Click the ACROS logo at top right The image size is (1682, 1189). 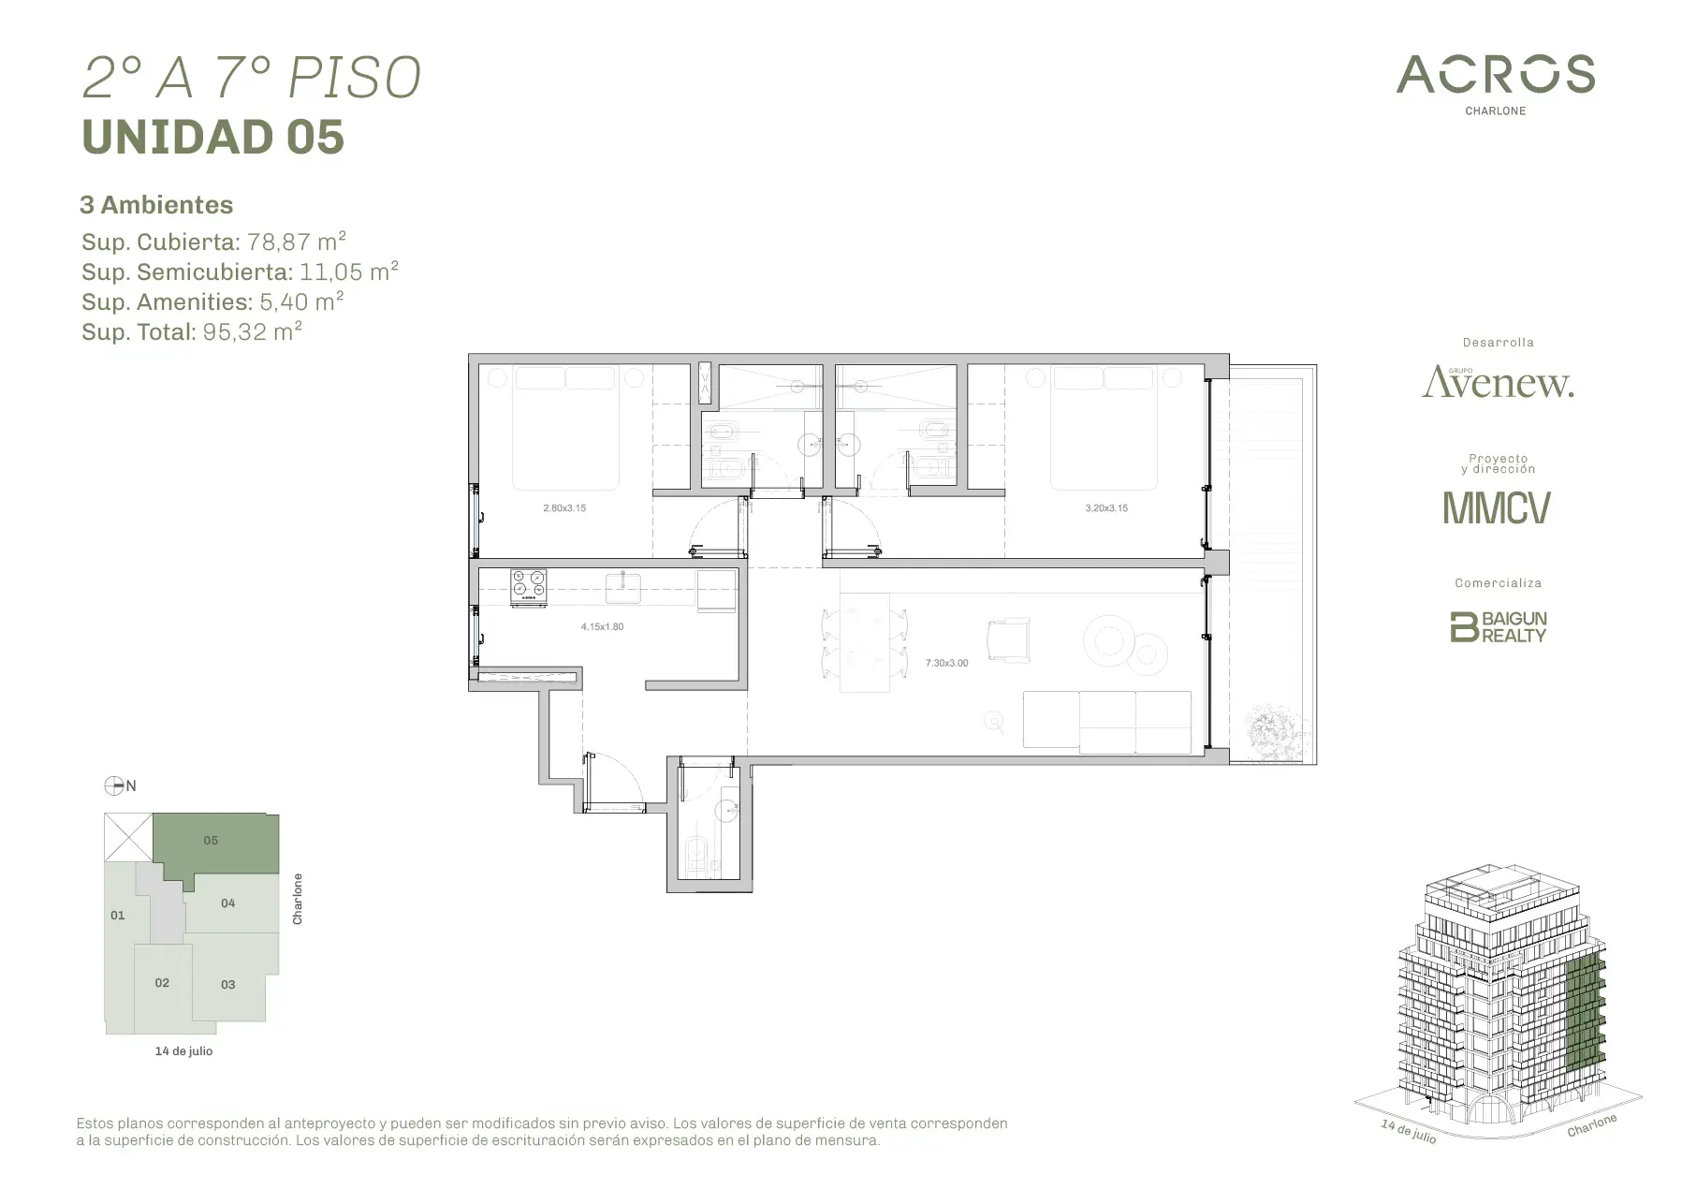(1495, 83)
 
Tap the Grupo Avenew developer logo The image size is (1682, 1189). (1498, 381)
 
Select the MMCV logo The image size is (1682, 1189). (1497, 507)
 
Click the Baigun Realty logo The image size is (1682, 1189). (1498, 626)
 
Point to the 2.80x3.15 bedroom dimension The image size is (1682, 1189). (564, 508)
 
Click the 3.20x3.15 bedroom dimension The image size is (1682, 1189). (1106, 508)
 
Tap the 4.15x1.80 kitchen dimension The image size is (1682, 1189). (602, 626)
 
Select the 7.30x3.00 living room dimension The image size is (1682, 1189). (946, 663)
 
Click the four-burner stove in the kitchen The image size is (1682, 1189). (529, 587)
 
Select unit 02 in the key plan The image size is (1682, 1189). (162, 983)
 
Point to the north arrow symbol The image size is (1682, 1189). (114, 785)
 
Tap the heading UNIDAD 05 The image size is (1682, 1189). (213, 137)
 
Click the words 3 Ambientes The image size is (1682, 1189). (156, 205)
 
